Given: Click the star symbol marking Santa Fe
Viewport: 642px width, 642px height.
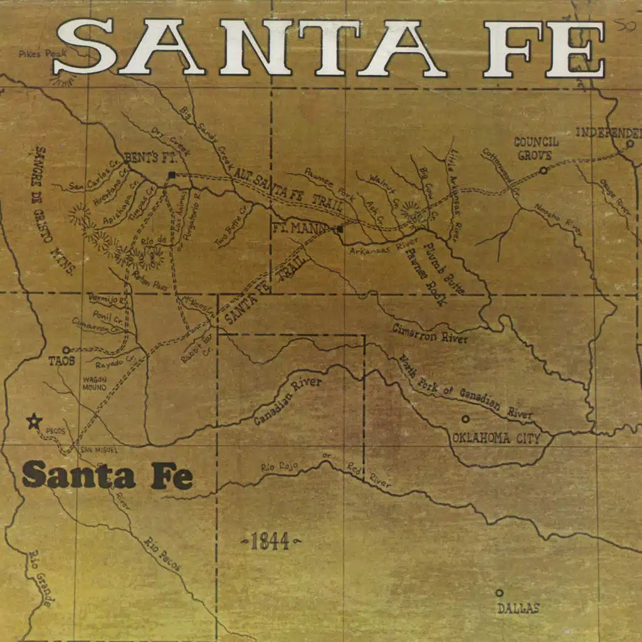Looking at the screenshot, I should point(33,421).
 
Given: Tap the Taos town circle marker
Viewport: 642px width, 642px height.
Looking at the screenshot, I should point(66,350).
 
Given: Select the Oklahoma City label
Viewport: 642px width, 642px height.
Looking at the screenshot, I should point(496,438).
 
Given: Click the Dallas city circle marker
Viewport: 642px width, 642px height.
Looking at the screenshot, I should point(499,592).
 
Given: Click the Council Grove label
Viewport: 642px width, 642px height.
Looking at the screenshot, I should point(536,148).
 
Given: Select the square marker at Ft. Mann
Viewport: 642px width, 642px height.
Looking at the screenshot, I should point(339,229).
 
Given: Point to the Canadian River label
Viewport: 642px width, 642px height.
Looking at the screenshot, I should point(288,402).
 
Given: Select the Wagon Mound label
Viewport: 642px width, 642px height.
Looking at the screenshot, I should point(94,384).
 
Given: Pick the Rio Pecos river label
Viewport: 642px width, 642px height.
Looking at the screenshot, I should point(162,554).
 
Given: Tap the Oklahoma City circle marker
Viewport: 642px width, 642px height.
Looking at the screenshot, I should point(465,419).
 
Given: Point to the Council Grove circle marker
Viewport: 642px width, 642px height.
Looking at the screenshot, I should point(544,169).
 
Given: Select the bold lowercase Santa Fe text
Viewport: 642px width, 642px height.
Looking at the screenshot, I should point(107,475).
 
